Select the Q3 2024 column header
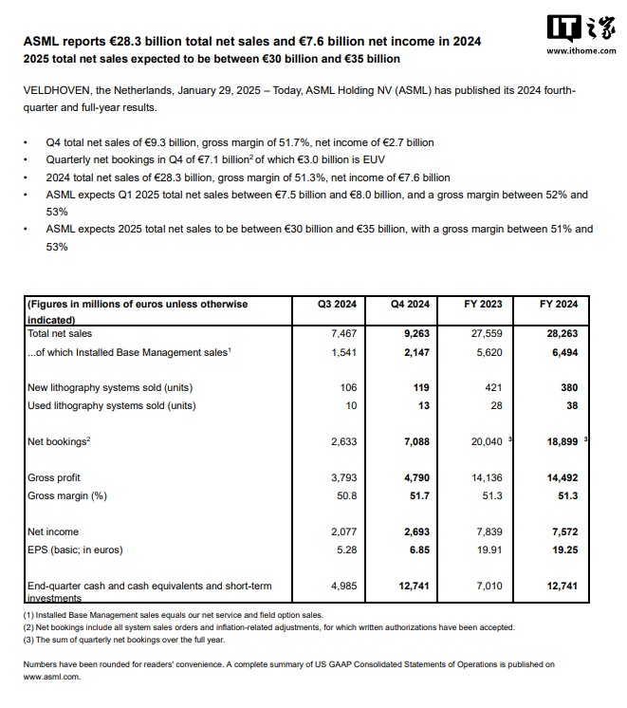pos(338,305)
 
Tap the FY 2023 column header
pos(484,305)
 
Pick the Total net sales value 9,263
pos(411,334)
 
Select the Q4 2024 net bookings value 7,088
pos(411,441)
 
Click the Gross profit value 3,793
pos(341,477)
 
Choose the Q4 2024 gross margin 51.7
pos(417,495)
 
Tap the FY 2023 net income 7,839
pos(488,531)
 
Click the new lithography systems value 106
pos(347,387)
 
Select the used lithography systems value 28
pos(494,405)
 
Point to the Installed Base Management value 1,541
pos(341,352)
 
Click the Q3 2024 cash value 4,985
pos(341,586)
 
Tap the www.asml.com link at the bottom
pos(51,678)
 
